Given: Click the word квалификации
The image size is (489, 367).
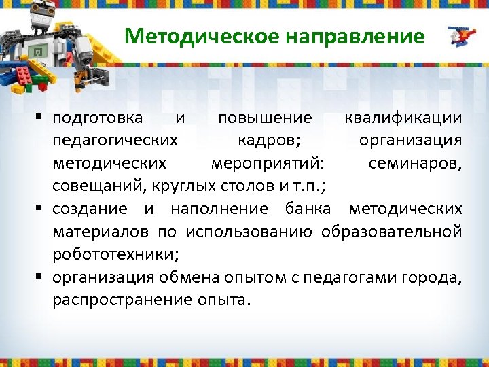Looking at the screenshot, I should [403, 118].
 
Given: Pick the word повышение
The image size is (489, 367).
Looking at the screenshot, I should [265, 118].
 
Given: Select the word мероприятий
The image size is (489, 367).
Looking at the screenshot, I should [268, 163].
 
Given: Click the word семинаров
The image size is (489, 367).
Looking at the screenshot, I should [415, 163].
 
